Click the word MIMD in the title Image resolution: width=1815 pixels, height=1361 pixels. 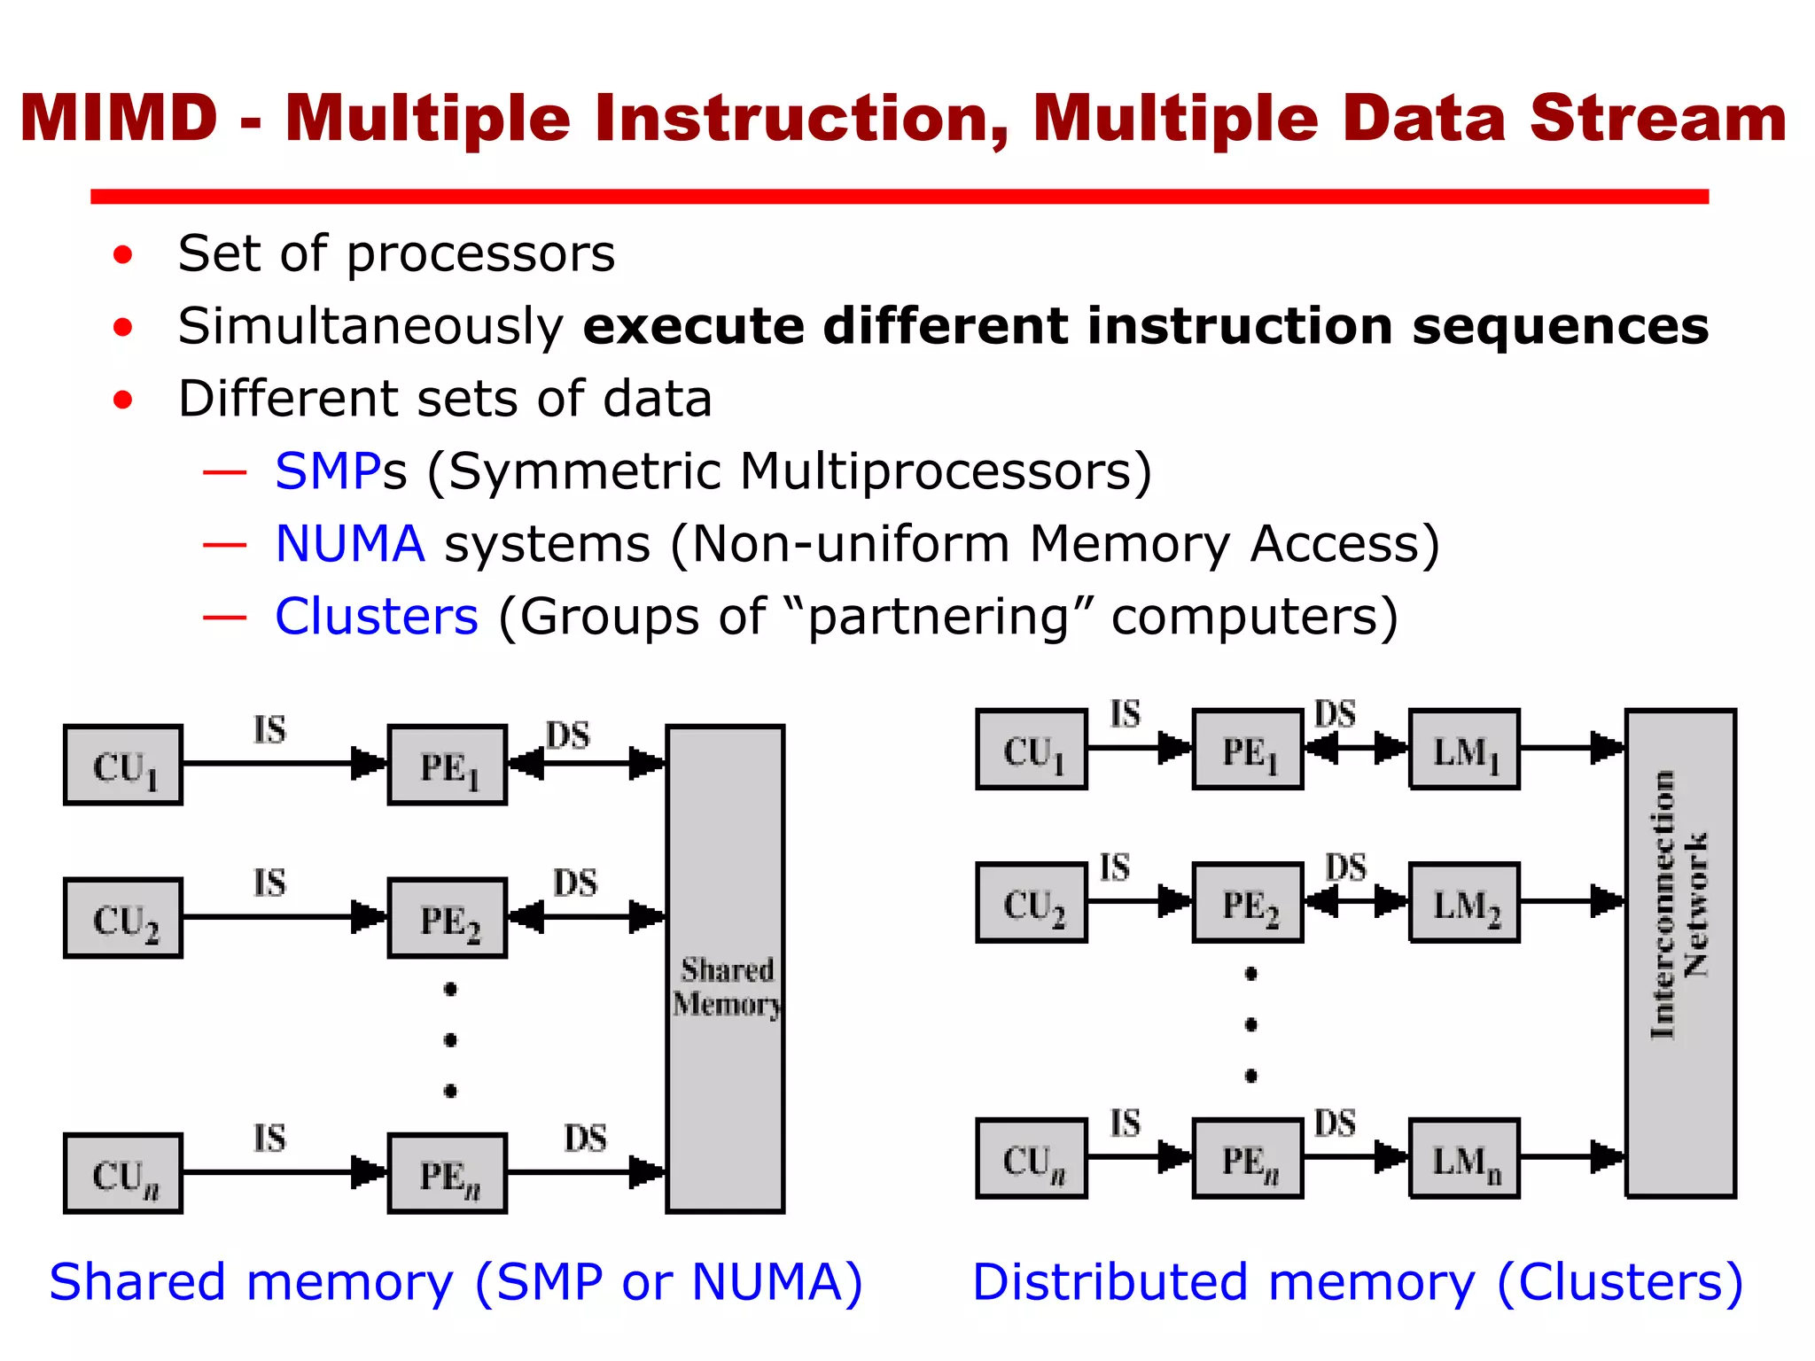click(x=119, y=118)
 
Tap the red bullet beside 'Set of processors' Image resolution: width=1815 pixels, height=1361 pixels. click(x=122, y=256)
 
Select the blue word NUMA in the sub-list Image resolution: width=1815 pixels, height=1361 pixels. click(x=350, y=543)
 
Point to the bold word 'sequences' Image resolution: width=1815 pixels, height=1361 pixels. click(x=1560, y=326)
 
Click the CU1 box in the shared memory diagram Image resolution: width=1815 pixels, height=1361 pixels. click(x=123, y=765)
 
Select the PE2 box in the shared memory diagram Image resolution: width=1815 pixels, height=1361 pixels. click(x=448, y=918)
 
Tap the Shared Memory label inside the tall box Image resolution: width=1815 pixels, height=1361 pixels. click(x=726, y=987)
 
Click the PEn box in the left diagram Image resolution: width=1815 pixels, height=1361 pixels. click(x=448, y=1173)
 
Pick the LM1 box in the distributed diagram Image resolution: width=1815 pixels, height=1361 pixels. click(x=1464, y=750)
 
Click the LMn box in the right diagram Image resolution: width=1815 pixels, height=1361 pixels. click(x=1464, y=1159)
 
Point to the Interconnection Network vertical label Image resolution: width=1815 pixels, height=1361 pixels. click(x=1679, y=904)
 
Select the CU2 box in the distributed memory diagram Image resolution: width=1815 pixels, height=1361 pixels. click(x=1032, y=903)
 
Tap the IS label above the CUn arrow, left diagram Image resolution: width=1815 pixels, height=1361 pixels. click(x=269, y=1138)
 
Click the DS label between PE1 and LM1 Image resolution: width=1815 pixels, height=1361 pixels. click(x=1335, y=714)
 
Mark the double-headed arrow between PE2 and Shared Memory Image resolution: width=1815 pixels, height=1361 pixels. click(x=587, y=917)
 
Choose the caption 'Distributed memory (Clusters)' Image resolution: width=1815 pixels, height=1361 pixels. click(x=1357, y=1282)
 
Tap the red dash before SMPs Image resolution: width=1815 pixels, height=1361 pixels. click(x=224, y=472)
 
